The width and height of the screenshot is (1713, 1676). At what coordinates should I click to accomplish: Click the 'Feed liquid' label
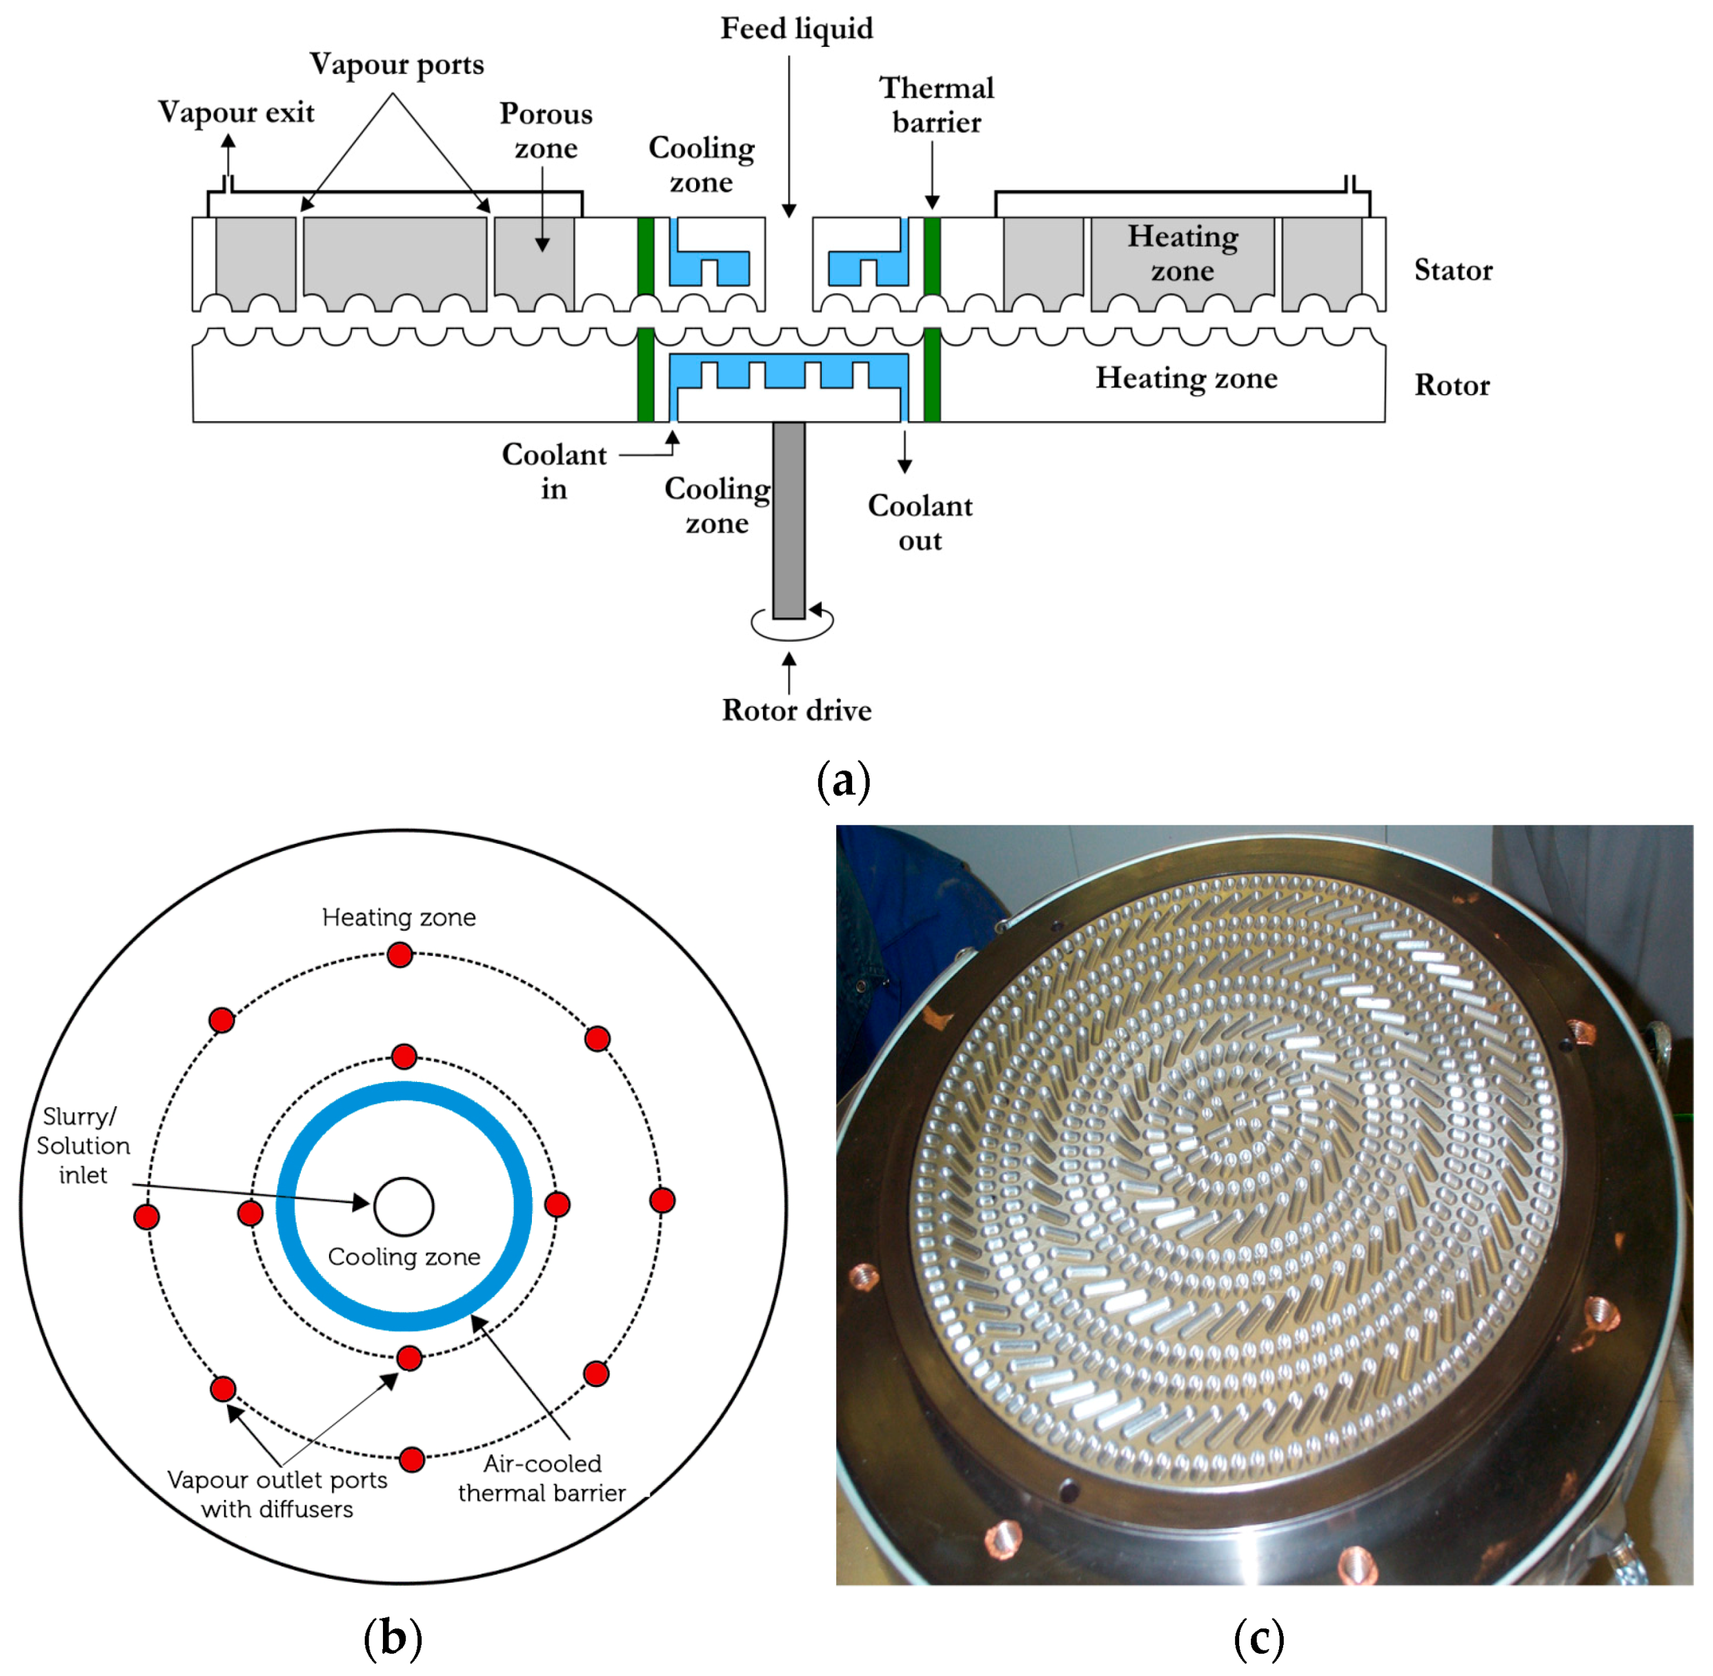797,29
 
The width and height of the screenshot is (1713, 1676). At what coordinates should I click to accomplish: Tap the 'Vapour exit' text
236,112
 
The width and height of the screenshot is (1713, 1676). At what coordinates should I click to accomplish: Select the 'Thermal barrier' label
937,105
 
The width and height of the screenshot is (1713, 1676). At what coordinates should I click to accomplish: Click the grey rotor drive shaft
789,520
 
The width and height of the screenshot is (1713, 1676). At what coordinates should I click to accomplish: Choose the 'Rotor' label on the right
1452,386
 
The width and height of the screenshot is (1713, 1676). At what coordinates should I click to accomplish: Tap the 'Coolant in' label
554,472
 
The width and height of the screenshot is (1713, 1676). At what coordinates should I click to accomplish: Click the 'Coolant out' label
920,523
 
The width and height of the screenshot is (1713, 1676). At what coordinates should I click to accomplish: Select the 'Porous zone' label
546,130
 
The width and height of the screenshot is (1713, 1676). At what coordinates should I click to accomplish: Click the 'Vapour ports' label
396,65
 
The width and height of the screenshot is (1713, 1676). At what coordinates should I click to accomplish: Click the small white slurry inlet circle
404,1207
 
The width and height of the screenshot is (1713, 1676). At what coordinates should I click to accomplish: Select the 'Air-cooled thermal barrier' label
542,1478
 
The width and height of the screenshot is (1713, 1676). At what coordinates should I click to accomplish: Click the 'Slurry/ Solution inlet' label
83,1145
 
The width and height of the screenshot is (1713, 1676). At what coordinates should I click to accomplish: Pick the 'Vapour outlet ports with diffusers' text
277,1494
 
